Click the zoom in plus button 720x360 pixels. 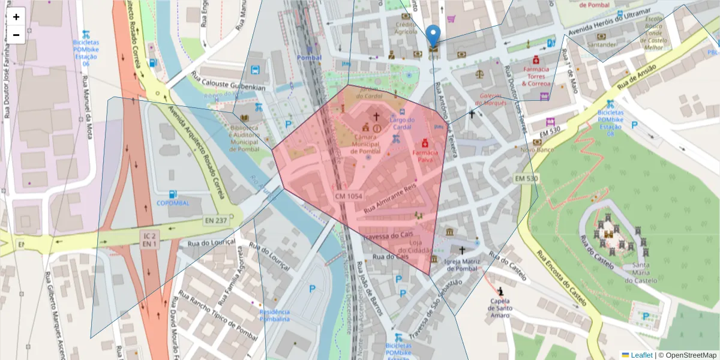[x=16, y=17]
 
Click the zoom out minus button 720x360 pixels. [x=16, y=35]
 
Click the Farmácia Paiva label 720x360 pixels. [x=425, y=156]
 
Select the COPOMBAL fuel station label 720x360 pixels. [x=173, y=203]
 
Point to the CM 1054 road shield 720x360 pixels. [x=349, y=196]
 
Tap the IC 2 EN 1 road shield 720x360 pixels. [x=150, y=240]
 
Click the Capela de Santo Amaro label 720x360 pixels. [x=499, y=308]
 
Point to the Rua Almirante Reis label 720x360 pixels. [x=390, y=199]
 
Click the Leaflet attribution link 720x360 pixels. [x=641, y=355]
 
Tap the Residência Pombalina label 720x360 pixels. [x=275, y=315]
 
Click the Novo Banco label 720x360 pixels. [x=536, y=149]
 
